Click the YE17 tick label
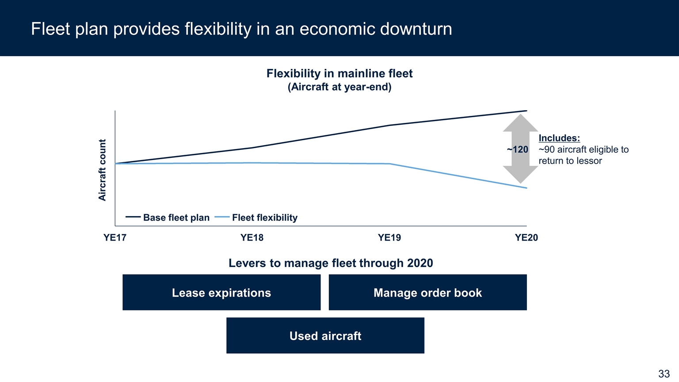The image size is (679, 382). pos(114,237)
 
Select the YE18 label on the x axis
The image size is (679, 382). pos(252,237)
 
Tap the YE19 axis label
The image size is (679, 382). pos(389,237)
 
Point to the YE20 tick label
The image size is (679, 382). pos(526,237)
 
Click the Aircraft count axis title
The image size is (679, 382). pos(102,170)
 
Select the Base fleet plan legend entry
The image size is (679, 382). pos(168,218)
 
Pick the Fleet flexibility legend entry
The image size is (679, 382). pos(256,218)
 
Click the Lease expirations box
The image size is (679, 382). pos(221,292)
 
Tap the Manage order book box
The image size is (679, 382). pos(428,292)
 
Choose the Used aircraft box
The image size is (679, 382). pos(325,335)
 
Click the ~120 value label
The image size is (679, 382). pos(518,149)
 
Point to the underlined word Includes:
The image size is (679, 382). pos(559,138)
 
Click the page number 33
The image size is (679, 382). pos(664,374)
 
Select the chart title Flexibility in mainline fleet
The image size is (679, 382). pos(339,73)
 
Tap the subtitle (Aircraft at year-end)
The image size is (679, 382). pos(339,87)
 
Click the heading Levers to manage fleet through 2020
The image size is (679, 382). pos(331,263)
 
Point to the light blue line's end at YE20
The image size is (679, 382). pos(527,188)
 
